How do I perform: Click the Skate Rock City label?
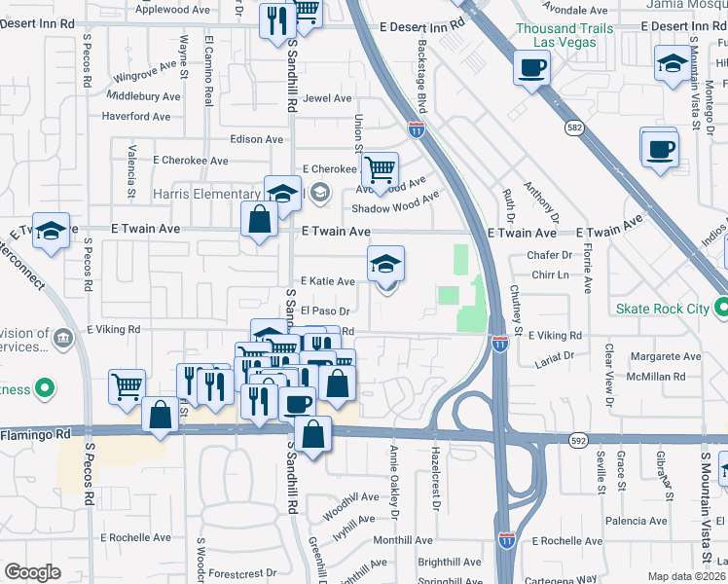663,309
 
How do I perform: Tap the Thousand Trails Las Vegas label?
564,37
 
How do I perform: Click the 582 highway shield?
576,127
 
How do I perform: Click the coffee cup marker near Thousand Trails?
531,68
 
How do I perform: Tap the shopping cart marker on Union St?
381,170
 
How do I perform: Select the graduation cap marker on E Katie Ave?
385,264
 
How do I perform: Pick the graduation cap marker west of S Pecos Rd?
52,231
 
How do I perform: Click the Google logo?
33,572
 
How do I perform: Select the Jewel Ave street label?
327,98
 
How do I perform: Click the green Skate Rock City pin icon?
721,309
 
